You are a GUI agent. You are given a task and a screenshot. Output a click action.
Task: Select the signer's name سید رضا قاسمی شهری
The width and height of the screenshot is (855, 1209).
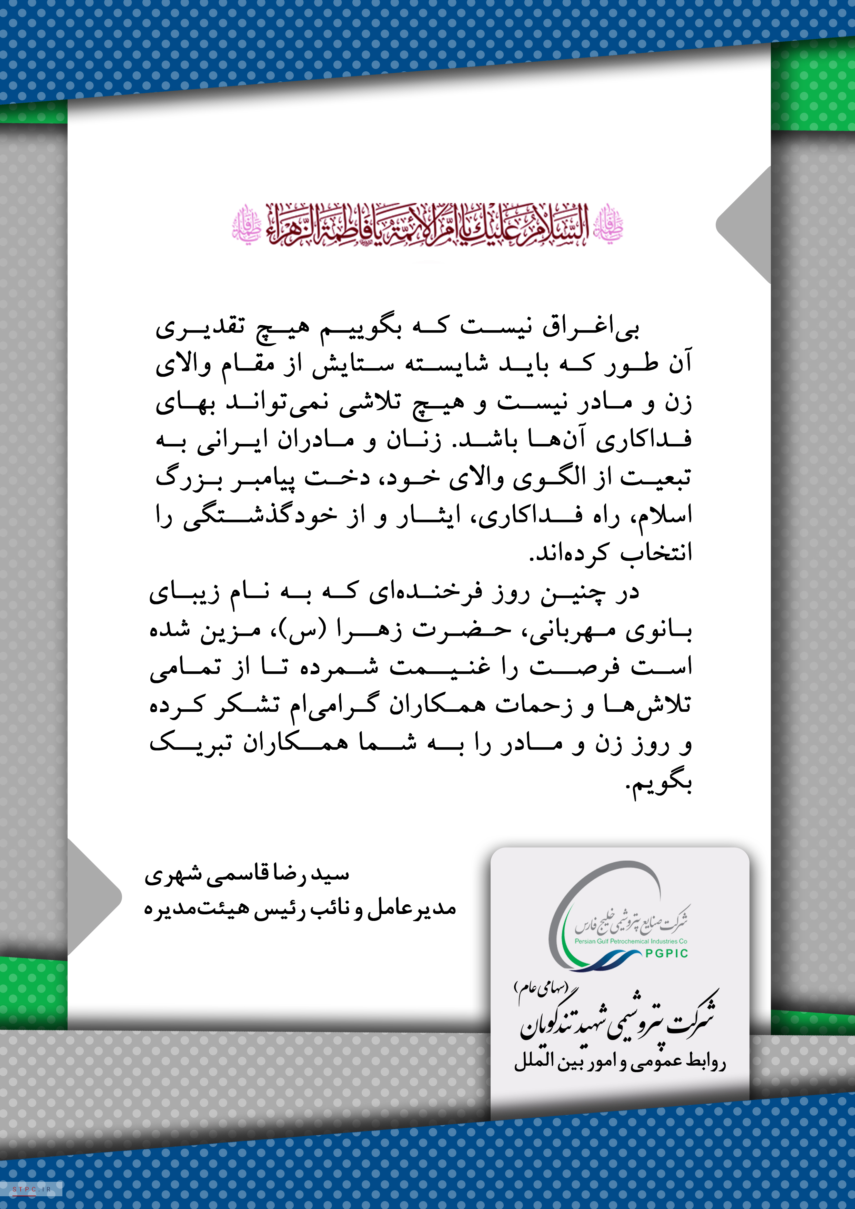pyautogui.click(x=247, y=875)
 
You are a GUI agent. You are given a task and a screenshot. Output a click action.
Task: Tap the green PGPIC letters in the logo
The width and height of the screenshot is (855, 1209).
pyautogui.click(x=666, y=953)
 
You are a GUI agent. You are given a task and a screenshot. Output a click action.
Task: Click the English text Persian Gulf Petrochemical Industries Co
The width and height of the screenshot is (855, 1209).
pyautogui.click(x=631, y=941)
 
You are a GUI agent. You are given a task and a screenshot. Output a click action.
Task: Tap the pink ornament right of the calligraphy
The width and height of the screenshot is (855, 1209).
pyautogui.click(x=608, y=225)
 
